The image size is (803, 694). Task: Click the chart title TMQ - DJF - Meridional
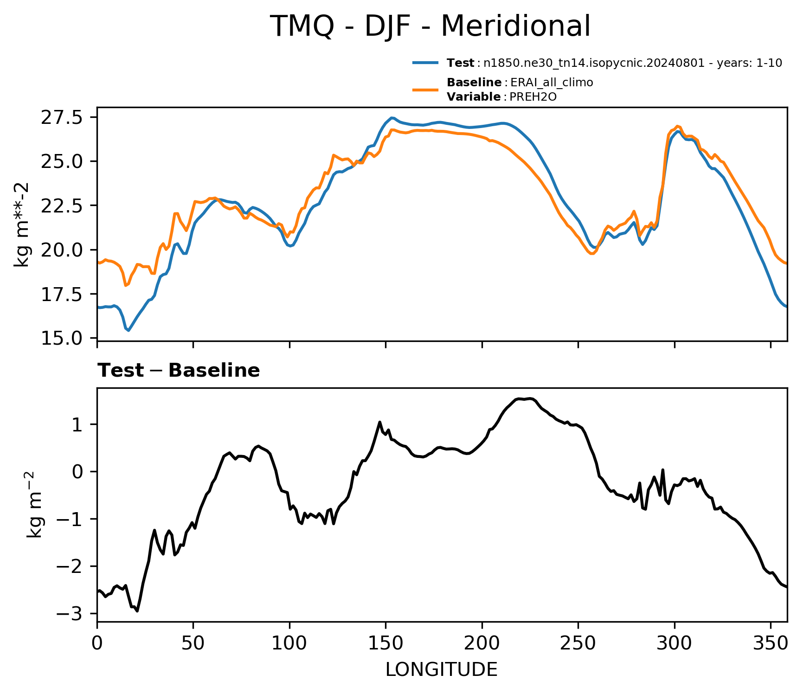[430, 26]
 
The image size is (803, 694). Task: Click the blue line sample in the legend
[425, 63]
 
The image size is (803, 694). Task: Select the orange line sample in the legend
[425, 90]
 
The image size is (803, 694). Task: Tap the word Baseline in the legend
[474, 83]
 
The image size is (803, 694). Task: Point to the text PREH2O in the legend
[533, 97]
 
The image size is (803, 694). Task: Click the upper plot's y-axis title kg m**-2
[22, 225]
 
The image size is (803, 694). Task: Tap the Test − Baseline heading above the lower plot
[179, 371]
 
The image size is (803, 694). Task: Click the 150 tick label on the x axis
[385, 643]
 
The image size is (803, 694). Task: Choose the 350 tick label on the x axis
[771, 643]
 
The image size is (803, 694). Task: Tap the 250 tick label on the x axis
[578, 643]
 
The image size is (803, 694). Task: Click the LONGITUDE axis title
[442, 670]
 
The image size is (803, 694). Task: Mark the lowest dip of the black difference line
[137, 611]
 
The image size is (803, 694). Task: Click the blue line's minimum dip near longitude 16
[128, 330]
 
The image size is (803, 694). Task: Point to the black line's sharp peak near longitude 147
[379, 422]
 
